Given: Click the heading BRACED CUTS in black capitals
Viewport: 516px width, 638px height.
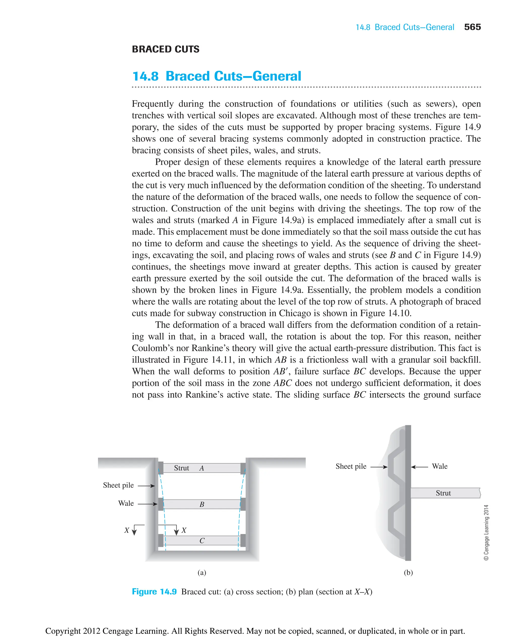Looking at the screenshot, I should (x=166, y=49).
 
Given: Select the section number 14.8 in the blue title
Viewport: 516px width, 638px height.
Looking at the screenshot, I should (x=145, y=76).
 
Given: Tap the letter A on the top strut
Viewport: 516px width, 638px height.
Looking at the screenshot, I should (x=202, y=468).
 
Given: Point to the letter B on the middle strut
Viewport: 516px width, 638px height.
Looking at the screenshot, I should (x=202, y=504).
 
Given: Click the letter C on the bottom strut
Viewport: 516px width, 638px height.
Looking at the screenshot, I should (x=202, y=541).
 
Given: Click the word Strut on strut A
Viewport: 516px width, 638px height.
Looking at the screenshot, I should (x=181, y=468).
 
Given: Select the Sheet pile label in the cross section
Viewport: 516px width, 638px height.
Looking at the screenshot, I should (x=118, y=485).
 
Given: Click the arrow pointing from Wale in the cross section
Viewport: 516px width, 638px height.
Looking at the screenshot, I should (x=147, y=504).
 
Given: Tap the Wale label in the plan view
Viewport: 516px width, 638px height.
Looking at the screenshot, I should (x=440, y=466).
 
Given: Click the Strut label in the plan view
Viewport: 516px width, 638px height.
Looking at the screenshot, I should (x=443, y=493).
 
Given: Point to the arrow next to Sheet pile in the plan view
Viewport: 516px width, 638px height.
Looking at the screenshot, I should (x=379, y=467).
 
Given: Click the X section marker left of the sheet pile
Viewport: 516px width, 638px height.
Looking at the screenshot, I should (x=127, y=530).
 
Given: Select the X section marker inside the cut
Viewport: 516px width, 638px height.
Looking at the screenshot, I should (x=184, y=530).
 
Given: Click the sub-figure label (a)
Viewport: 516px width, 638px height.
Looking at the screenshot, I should (x=202, y=572).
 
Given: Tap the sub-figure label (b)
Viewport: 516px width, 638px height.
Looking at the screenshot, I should (x=408, y=572).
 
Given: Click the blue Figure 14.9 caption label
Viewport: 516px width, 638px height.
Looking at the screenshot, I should (x=154, y=591).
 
